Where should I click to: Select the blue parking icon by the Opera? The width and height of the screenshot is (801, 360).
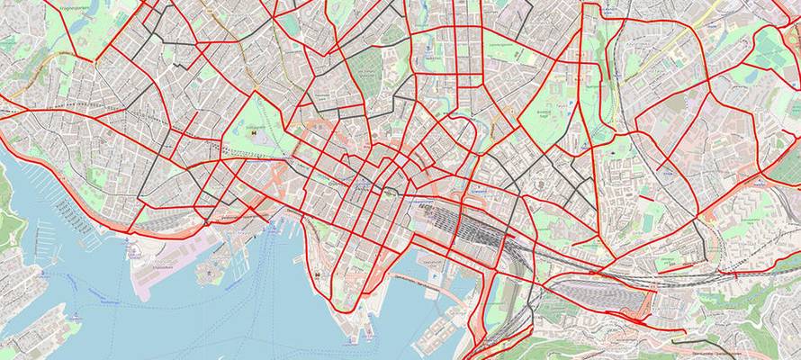[x=434, y=269]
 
